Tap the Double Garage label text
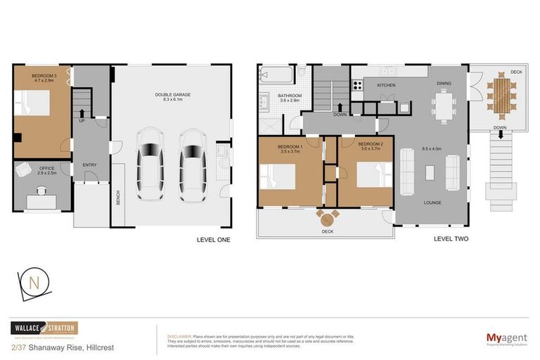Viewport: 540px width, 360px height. pyautogui.click(x=173, y=96)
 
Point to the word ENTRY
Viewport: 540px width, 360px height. pyautogui.click(x=89, y=165)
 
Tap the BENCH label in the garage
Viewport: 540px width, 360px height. pyautogui.click(x=118, y=199)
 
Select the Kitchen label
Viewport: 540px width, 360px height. pyautogui.click(x=387, y=85)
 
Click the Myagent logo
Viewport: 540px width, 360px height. pyautogui.click(x=506, y=338)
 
